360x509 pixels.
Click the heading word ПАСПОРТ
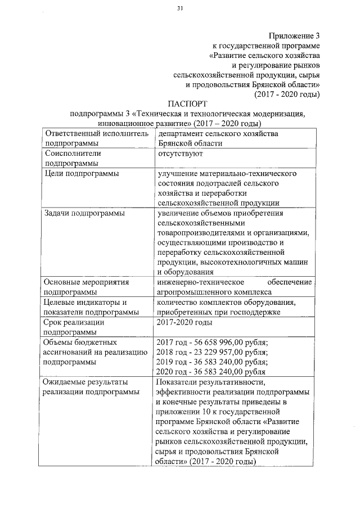click(x=187, y=103)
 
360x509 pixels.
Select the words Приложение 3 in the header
click(x=293, y=35)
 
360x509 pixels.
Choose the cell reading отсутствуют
click(x=180, y=153)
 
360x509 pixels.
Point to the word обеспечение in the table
click(x=290, y=282)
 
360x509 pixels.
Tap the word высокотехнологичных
click(x=237, y=261)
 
